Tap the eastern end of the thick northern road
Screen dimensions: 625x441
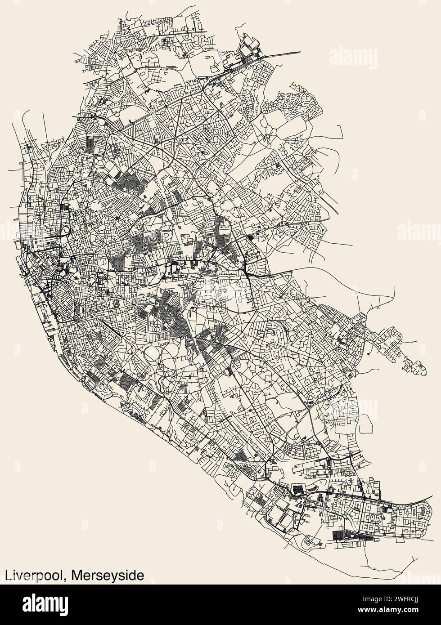coord(300,51)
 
